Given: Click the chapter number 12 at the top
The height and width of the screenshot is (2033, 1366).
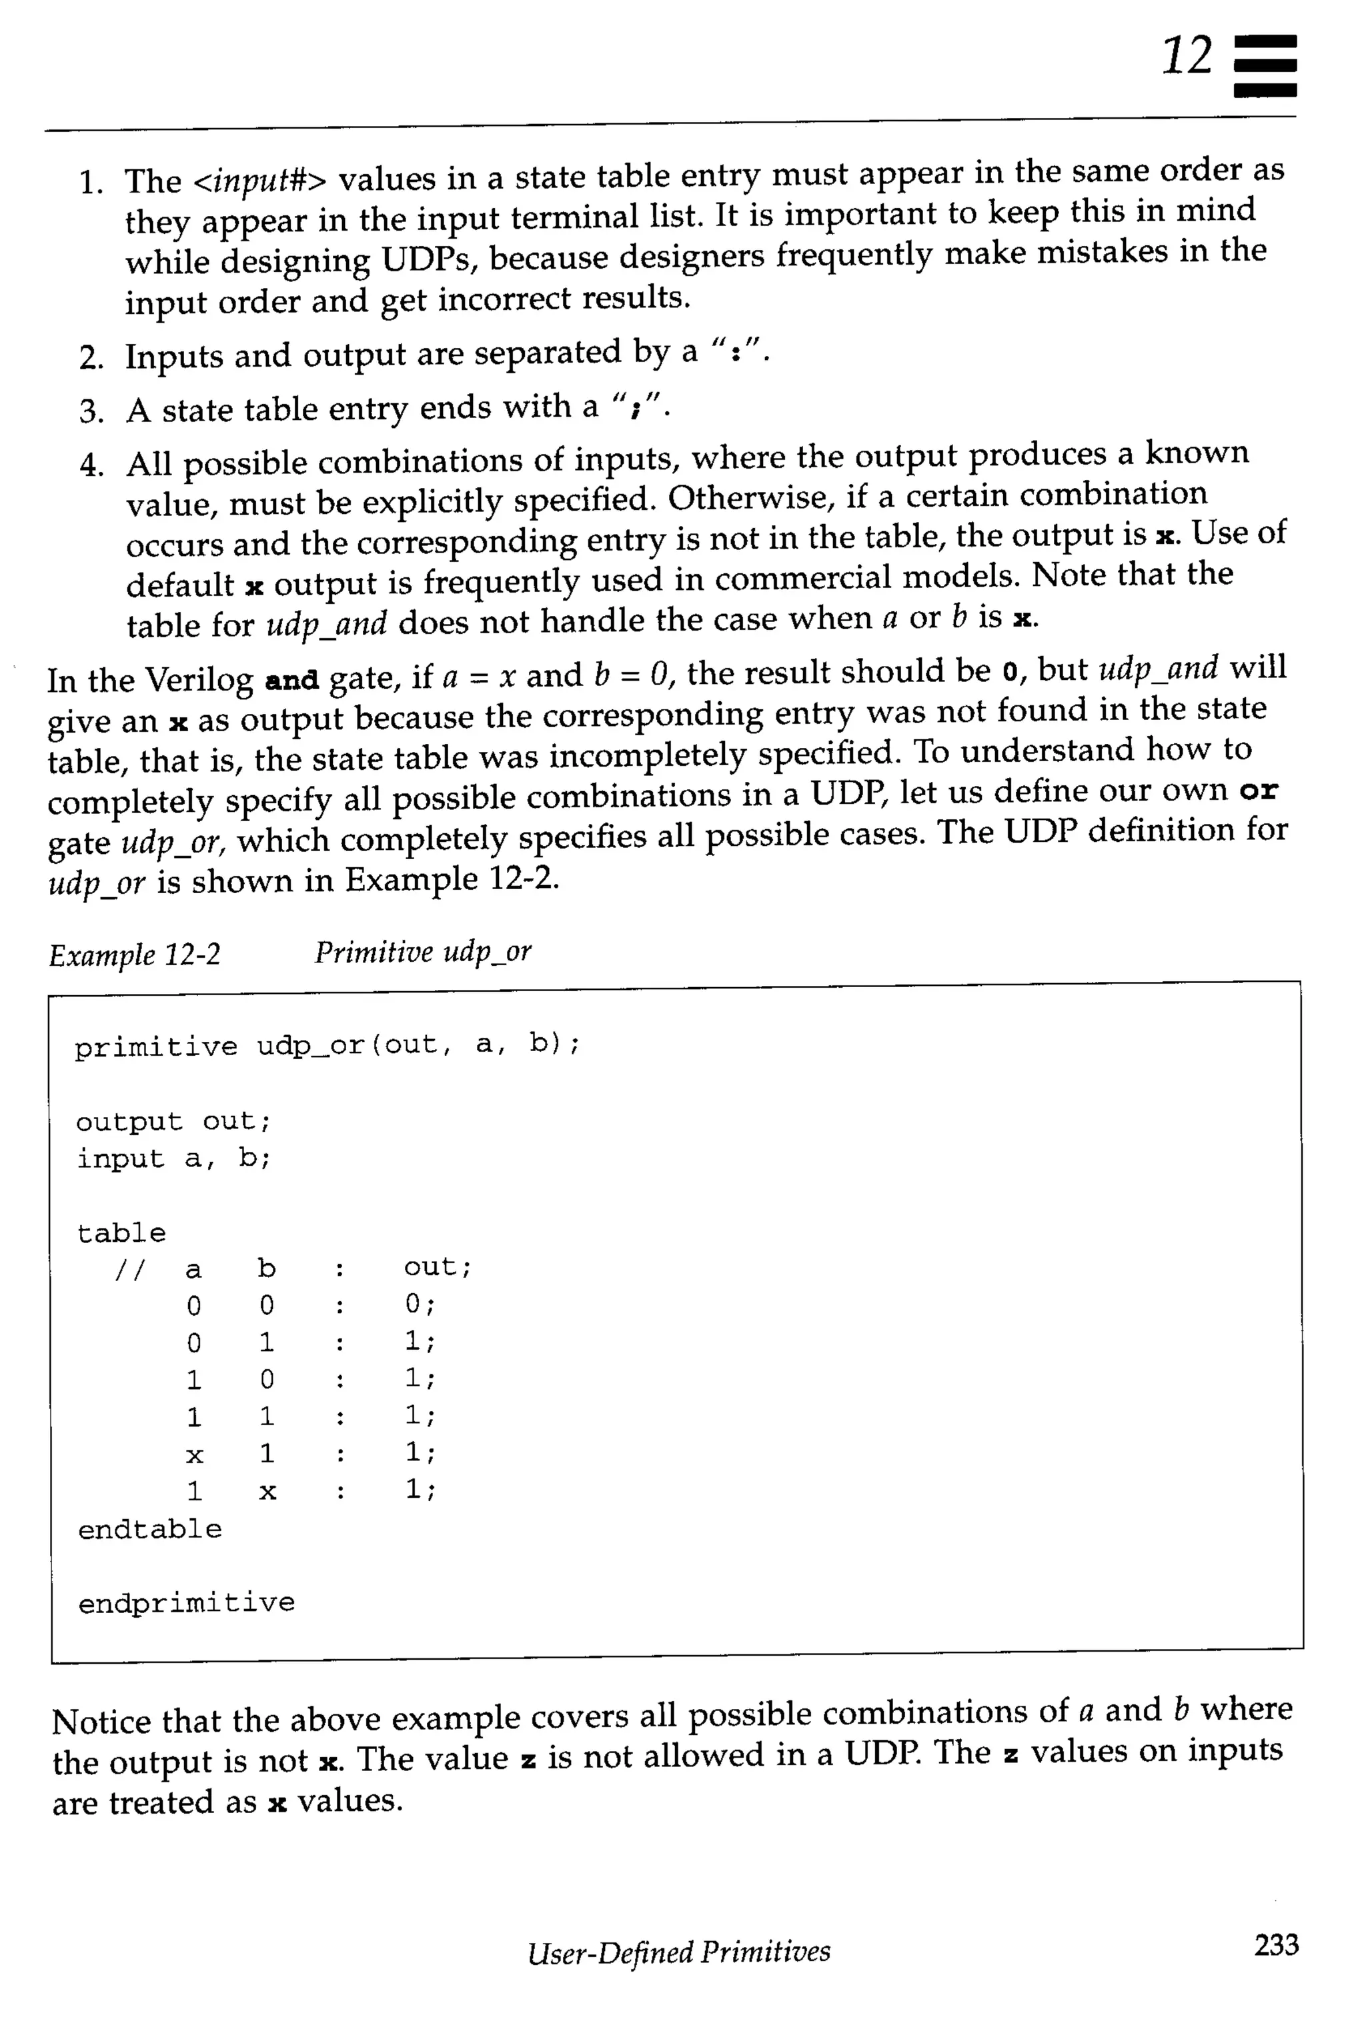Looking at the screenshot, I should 1187,57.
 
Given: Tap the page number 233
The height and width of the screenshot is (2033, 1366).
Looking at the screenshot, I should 1275,1944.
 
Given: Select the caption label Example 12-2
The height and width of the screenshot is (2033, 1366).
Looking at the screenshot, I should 135,955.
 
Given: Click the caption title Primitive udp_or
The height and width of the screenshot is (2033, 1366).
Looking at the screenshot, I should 422,953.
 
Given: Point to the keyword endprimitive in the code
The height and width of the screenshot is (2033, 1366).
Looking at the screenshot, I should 187,1603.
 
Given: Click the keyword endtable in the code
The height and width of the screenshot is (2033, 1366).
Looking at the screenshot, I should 150,1529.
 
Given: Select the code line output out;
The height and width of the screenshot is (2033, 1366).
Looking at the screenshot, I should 173,1121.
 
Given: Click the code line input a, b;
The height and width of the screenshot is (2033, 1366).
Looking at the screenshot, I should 173,1159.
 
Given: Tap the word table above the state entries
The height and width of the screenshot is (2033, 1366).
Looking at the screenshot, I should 121,1233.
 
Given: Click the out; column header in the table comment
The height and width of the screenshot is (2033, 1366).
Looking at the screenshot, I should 438,1267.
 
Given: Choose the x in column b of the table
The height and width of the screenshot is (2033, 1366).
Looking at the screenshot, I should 267,1492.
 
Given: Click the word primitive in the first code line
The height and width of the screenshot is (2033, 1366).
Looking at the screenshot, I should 155,1046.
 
